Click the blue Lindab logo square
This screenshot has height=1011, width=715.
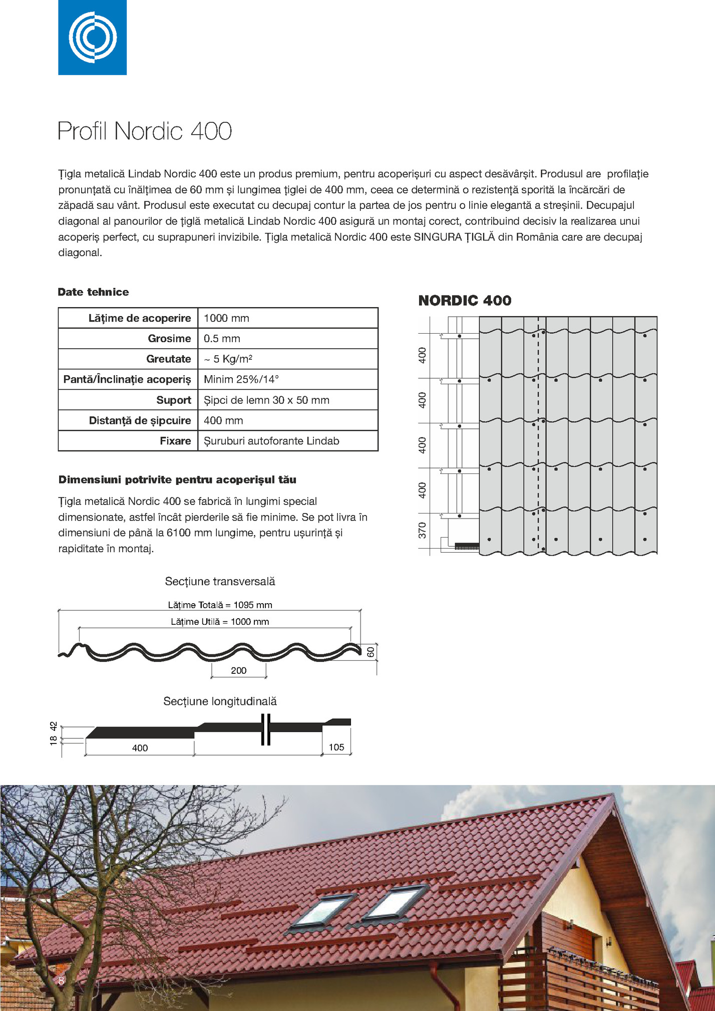[x=92, y=37]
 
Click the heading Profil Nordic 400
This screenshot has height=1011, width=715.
[x=145, y=131]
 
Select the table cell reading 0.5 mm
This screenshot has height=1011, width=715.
[x=222, y=339]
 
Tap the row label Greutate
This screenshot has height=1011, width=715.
[x=169, y=359]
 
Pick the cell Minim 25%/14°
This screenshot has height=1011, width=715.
[x=241, y=379]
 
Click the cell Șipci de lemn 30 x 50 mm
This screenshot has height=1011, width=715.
[x=266, y=400]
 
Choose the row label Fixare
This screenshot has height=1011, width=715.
[x=175, y=441]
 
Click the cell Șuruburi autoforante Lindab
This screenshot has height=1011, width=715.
[x=271, y=441]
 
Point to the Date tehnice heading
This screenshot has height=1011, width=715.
[x=93, y=292]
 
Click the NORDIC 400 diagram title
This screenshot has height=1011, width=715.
[x=465, y=301]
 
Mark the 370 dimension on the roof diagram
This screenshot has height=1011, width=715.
[x=422, y=531]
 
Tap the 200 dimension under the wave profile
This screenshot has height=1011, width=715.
[x=238, y=670]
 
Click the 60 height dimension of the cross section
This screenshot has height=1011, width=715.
[x=371, y=652]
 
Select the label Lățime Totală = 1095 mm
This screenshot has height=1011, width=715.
[x=220, y=605]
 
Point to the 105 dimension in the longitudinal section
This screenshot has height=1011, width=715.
[x=336, y=747]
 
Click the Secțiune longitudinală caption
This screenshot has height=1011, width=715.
[x=220, y=701]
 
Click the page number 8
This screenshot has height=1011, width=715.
[x=61, y=981]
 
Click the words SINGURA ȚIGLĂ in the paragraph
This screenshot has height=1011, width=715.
[x=454, y=237]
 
